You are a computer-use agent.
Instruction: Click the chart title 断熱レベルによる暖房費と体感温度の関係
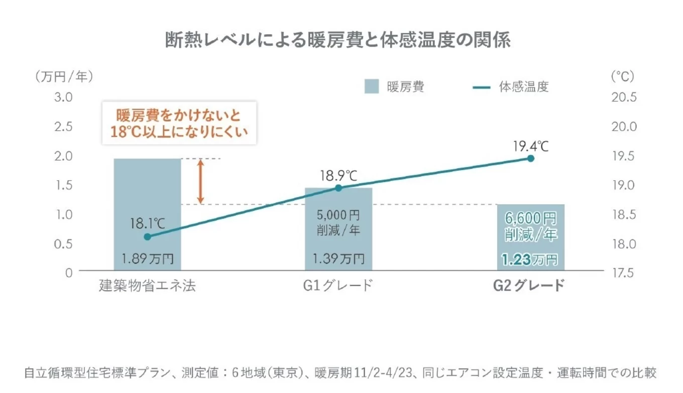(337, 40)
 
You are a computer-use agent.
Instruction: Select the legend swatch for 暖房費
(372, 86)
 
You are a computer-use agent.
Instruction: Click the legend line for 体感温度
(482, 87)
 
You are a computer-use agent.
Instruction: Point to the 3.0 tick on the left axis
(64, 97)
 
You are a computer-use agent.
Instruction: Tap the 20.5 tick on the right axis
(624, 97)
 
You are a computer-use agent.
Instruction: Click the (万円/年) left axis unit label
(64, 76)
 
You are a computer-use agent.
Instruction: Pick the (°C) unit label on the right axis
(622, 76)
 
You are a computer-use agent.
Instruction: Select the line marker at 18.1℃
(147, 236)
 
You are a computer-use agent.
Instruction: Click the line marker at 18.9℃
(338, 188)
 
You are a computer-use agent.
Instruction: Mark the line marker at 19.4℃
(530, 158)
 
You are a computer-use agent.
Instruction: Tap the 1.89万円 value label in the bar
(147, 259)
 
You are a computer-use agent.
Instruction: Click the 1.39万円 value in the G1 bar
(338, 259)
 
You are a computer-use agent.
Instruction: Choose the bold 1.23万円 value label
(530, 259)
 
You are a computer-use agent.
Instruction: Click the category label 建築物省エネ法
(147, 286)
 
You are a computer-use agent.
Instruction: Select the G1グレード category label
(338, 286)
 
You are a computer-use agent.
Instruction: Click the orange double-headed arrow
(200, 181)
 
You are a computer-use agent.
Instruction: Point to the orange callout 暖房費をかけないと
(179, 115)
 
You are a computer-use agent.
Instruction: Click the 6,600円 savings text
(530, 218)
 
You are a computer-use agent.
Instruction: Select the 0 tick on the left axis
(69, 273)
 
